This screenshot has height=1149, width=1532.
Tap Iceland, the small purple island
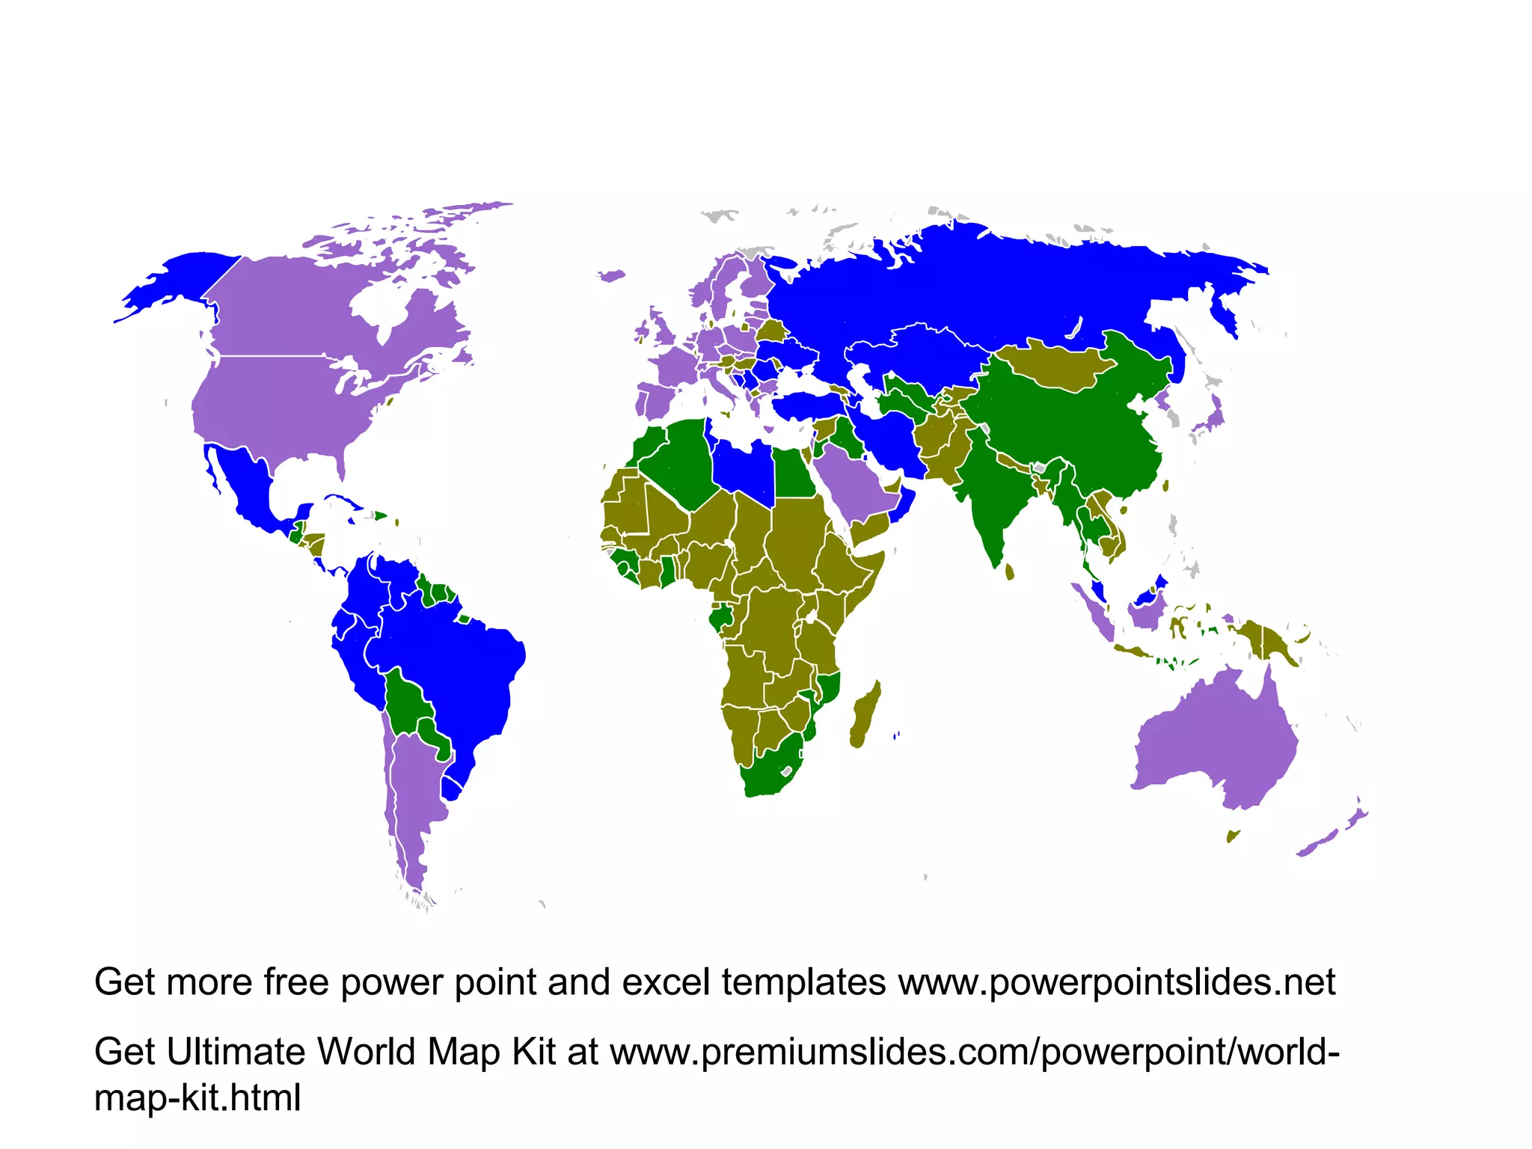coord(612,276)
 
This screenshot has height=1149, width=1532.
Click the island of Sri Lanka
coord(1010,572)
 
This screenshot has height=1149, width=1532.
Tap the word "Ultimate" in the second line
coord(236,1052)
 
